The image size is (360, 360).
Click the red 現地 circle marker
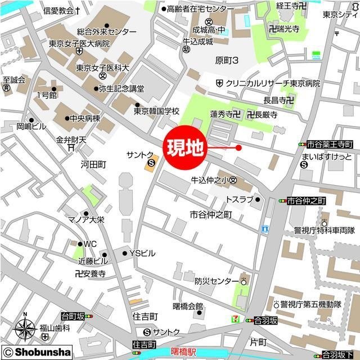(x=184, y=148)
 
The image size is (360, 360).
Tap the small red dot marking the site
(x=238, y=148)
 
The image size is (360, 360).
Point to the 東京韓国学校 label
(x=156, y=111)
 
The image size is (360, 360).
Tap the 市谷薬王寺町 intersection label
(x=330, y=145)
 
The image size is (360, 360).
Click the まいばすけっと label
(x=327, y=156)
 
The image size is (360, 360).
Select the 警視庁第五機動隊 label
(x=314, y=304)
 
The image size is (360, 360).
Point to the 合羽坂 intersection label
(x=265, y=320)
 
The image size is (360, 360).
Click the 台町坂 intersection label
(x=73, y=317)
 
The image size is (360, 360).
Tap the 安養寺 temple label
(x=90, y=273)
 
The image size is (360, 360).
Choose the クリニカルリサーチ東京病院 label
(x=273, y=83)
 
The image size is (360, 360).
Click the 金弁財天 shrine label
(x=71, y=139)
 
